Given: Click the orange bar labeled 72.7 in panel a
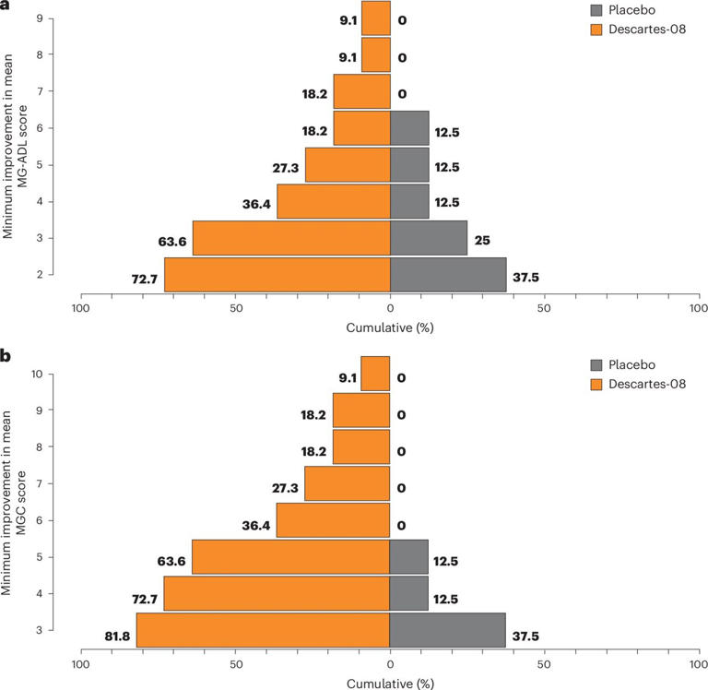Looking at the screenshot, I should coord(277,275).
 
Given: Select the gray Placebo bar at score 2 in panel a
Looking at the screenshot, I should coord(448,275).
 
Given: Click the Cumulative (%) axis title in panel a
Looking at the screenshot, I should coord(390,327).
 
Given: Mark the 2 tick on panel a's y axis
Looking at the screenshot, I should coord(53,275).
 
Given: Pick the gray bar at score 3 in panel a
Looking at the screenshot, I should coord(429,238).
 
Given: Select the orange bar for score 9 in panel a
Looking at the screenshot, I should coord(375,18).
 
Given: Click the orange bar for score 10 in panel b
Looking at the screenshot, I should coord(375,374).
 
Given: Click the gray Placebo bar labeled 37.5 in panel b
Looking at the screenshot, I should coord(448,630).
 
